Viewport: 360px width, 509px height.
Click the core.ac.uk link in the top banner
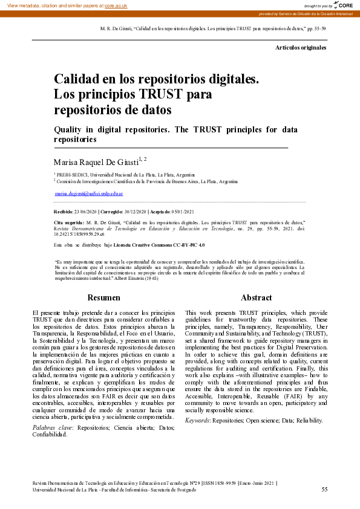[x=116, y=5]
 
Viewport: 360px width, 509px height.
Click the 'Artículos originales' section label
[x=301, y=47]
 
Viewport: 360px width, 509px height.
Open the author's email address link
[x=88, y=193]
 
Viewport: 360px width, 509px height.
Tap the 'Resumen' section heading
[x=103, y=298]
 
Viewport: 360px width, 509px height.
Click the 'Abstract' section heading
[x=256, y=298]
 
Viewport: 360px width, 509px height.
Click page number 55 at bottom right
[x=324, y=489]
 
